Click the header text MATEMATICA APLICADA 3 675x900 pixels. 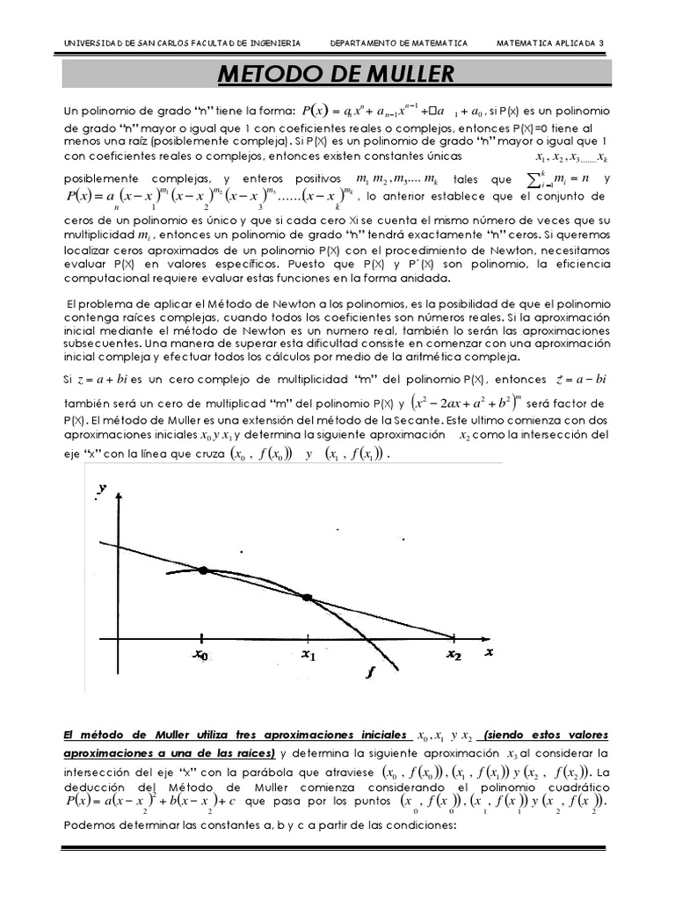[550, 42]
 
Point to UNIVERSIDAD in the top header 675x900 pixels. [91, 42]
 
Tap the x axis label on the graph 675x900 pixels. [490, 652]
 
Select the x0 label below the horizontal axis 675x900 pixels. [201, 655]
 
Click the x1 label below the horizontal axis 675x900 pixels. [308, 655]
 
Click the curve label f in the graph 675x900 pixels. [369, 672]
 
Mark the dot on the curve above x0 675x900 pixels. [203, 570]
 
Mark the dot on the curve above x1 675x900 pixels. [307, 598]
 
